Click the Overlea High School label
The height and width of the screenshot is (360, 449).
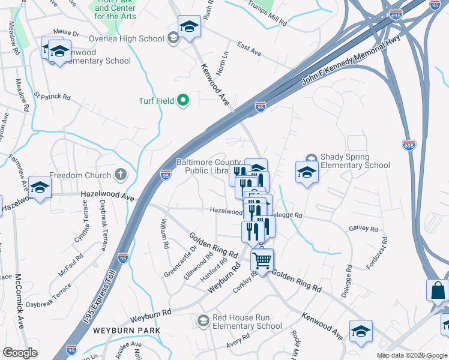pyautogui.click(x=126, y=39)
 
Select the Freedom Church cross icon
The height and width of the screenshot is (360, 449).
pyautogui.click(x=121, y=175)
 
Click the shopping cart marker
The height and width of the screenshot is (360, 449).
pyautogui.click(x=262, y=260)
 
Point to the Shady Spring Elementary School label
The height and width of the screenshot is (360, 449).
pyautogui.click(x=355, y=161)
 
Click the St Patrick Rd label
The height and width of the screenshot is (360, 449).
pyautogui.click(x=52, y=95)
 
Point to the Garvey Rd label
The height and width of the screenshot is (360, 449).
pyautogui.click(x=363, y=229)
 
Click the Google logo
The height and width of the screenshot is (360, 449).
pyautogui.click(x=20, y=353)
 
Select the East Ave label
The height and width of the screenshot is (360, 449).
pyautogui.click(x=249, y=50)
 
